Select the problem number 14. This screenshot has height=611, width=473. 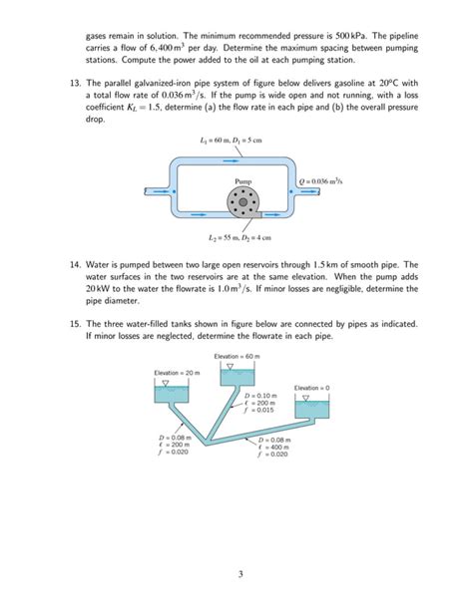(x=72, y=265)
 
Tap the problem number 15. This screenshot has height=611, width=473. (x=72, y=324)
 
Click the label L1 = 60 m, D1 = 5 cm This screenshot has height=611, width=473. (x=236, y=141)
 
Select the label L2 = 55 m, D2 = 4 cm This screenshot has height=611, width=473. (x=236, y=238)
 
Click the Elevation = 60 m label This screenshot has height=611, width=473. (x=238, y=356)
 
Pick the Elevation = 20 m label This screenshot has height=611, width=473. (x=177, y=372)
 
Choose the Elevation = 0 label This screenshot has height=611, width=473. (x=311, y=387)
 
